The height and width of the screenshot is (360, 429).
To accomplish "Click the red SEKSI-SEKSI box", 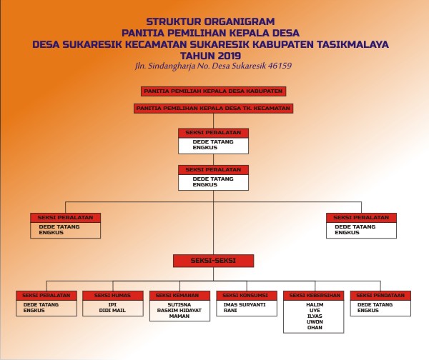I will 213,261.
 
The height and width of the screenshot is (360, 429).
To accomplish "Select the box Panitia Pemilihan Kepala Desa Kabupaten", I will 214,91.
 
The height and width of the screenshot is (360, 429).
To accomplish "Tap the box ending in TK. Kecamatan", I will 214,108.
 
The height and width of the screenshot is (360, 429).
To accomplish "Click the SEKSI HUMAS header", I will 112,295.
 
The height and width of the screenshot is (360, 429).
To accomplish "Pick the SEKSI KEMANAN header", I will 179,295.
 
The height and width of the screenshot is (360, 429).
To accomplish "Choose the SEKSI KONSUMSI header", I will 246,295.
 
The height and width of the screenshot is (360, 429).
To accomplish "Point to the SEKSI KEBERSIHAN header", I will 313,295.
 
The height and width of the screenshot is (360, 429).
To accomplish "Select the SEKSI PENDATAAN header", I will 380,295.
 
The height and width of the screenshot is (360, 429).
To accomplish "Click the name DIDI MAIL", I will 113,311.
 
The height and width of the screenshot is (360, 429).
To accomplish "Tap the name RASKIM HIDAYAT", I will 179,311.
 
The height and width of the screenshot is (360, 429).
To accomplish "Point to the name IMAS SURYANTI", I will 246,305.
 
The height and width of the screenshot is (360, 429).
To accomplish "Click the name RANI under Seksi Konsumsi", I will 231,311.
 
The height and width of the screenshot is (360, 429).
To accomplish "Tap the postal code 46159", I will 277,66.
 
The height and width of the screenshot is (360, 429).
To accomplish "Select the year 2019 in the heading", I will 230,54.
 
